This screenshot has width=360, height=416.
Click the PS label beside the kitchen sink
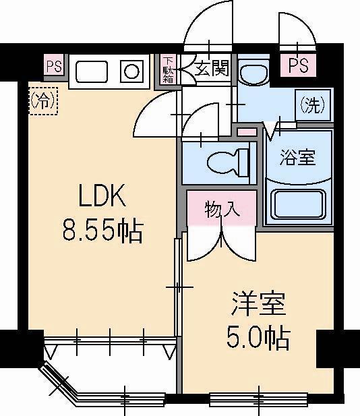click(54, 67)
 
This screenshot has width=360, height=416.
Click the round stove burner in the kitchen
click(131, 70)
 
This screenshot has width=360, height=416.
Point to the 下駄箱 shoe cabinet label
click(167, 70)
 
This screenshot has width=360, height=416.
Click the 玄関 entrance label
click(212, 68)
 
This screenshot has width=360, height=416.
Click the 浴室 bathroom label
click(298, 158)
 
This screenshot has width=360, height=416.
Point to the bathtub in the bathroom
click(298, 202)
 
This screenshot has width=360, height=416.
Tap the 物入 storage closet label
click(222, 209)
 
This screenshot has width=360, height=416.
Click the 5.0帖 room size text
click(258, 338)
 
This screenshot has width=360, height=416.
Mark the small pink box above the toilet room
click(247, 129)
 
